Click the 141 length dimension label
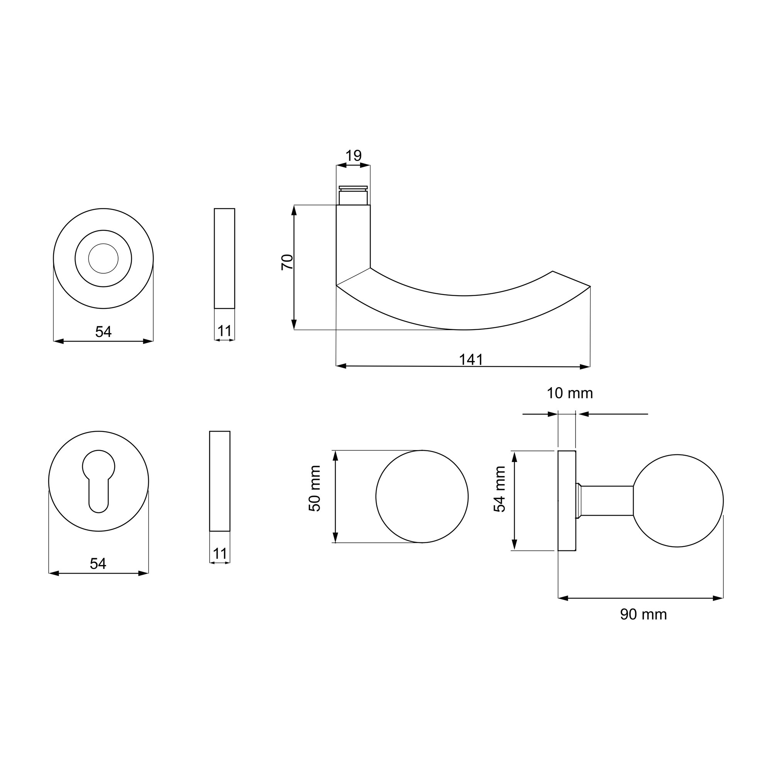click(471, 360)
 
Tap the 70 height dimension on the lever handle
click(287, 262)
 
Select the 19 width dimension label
click(353, 156)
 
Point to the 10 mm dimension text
click(570, 393)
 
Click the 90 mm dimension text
click(643, 614)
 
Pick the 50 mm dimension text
click(315, 488)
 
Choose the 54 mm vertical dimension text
click(499, 489)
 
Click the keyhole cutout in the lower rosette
click(98, 481)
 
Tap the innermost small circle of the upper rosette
click(103, 259)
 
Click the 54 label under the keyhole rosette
click(98, 564)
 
